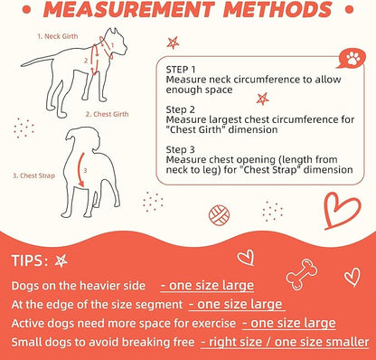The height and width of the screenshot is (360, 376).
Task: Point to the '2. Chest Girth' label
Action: [x=111, y=115]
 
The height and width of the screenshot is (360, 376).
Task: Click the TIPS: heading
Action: [x=30, y=261]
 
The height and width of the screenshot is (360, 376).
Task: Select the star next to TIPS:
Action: [x=61, y=261]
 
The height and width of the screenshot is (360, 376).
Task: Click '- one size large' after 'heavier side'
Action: [x=204, y=286]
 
